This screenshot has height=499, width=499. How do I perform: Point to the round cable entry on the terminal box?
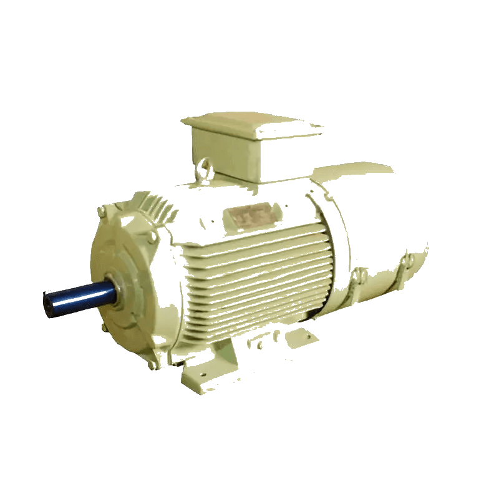pos(204,167)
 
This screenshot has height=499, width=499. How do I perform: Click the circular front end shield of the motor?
pos(122,281)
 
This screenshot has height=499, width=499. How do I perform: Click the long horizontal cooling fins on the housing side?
pos(256,274)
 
